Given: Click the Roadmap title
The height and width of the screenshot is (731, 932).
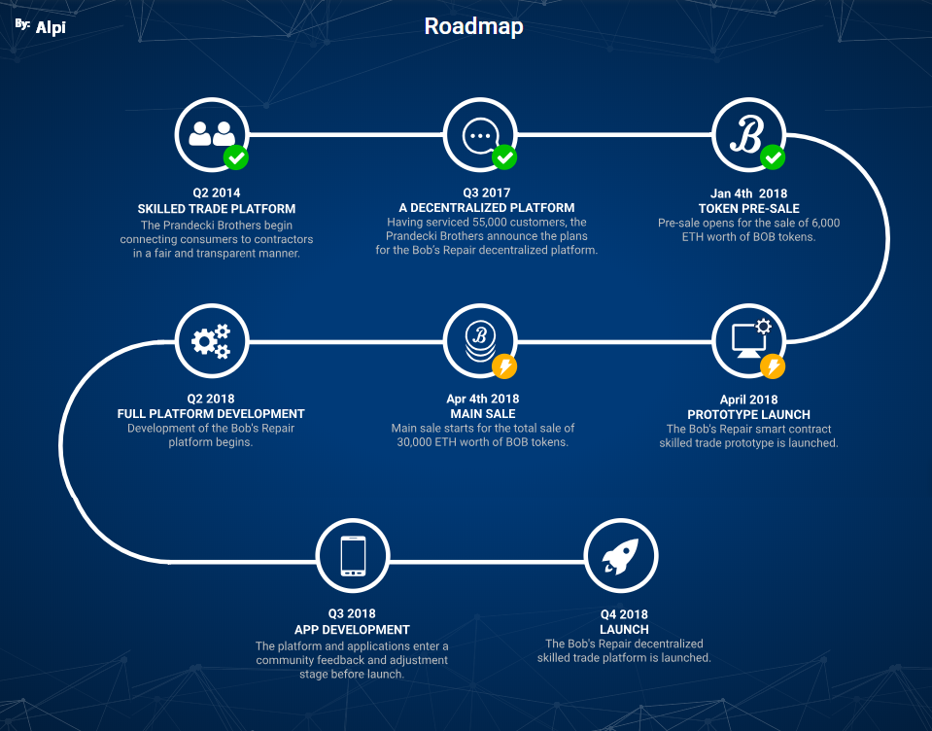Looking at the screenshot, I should click(x=473, y=26).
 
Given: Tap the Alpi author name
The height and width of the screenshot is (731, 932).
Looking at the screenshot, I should click(x=51, y=27).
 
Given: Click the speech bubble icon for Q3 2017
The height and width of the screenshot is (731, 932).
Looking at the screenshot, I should click(x=479, y=134).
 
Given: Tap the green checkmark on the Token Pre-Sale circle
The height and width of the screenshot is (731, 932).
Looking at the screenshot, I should click(x=773, y=157).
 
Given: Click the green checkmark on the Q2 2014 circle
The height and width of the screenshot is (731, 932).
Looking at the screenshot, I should click(x=236, y=157).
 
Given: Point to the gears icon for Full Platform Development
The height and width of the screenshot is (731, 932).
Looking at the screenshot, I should click(x=211, y=340).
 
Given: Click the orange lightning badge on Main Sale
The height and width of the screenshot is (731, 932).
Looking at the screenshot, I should click(x=504, y=366).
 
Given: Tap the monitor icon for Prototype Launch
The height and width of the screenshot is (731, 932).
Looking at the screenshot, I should click(x=748, y=339).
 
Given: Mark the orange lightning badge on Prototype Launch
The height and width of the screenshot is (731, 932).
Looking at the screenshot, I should click(x=773, y=366).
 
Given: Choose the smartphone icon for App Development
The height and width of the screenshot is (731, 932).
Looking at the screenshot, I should click(x=353, y=556).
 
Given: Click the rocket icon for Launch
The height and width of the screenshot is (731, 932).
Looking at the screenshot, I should click(x=620, y=556).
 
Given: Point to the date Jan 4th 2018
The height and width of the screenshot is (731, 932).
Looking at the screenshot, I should click(x=747, y=192).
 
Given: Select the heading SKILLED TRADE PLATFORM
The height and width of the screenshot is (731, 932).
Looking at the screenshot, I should click(x=216, y=208).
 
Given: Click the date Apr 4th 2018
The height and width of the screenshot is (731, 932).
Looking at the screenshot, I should click(x=484, y=399).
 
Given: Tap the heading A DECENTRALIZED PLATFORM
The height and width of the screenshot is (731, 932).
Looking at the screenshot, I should click(x=487, y=208).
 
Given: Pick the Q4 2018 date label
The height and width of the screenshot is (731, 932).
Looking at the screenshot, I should click(x=624, y=614).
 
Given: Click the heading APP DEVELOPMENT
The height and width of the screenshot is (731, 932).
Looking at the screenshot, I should click(x=352, y=629).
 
